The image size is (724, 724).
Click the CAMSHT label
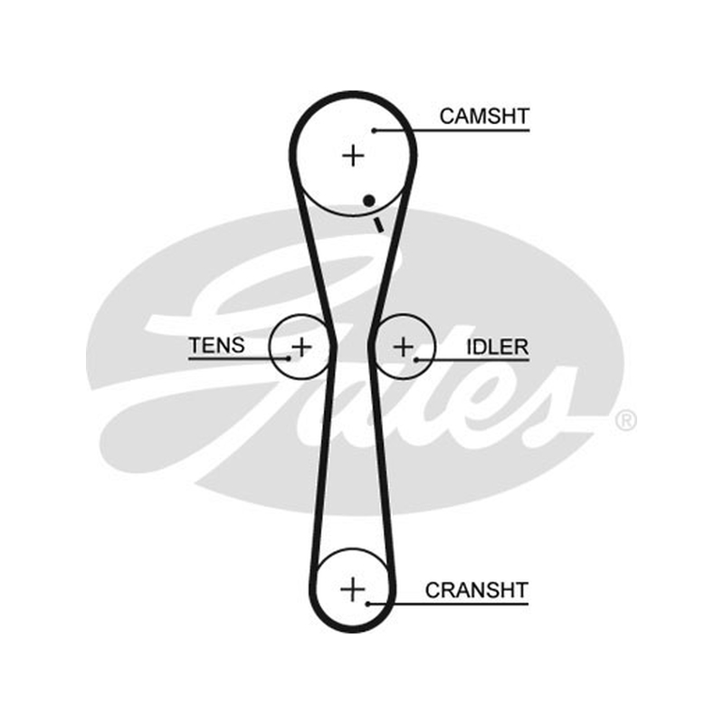[484, 117]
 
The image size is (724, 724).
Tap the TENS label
[216, 346]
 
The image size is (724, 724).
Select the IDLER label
[497, 348]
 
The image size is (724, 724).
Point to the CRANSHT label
[477, 590]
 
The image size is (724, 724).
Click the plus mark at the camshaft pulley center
[353, 155]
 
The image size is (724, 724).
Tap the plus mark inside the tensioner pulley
[301, 347]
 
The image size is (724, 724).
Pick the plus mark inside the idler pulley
[404, 347]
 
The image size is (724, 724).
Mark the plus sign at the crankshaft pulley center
[352, 589]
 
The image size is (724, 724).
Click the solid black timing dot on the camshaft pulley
[369, 200]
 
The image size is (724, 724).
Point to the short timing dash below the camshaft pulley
[378, 224]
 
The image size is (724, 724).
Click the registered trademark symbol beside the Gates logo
[625, 421]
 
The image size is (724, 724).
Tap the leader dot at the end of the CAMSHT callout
[374, 130]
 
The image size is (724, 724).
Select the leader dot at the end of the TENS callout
[289, 358]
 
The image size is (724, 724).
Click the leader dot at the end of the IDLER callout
[416, 359]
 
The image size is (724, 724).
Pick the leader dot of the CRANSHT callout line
[368, 604]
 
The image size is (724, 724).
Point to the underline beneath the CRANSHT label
[448, 604]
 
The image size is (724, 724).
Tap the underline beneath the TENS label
[239, 358]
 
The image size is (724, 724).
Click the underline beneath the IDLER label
[472, 359]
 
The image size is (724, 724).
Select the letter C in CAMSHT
[447, 117]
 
